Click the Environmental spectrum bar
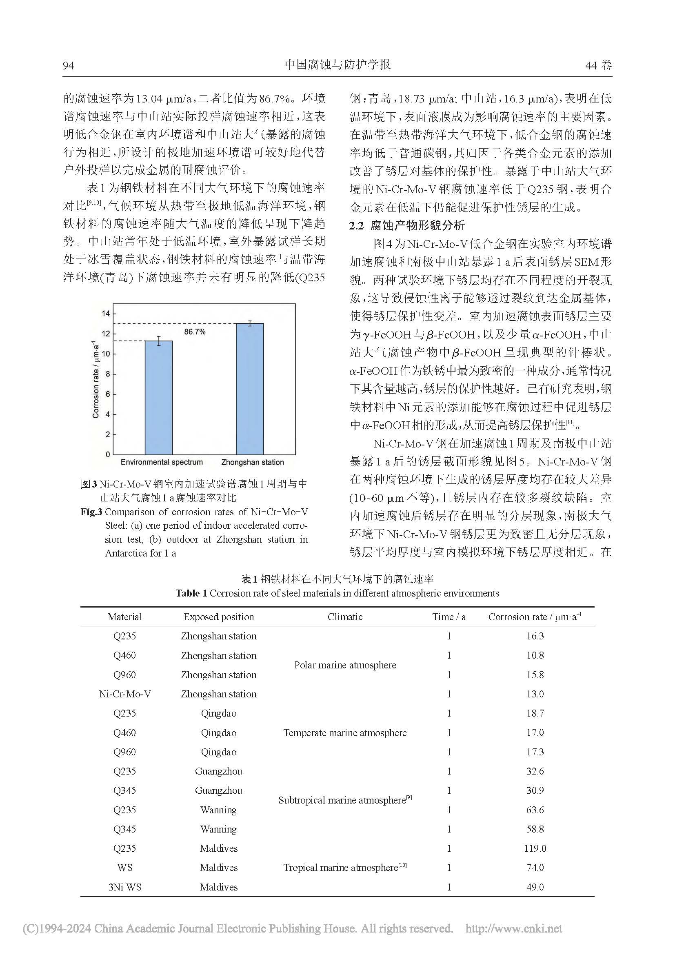click(x=158, y=397)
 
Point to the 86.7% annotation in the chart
click(x=195, y=332)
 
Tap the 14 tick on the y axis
click(x=106, y=314)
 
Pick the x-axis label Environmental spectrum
click(x=162, y=462)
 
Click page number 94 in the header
click(x=69, y=66)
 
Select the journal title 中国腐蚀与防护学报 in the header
click(x=337, y=65)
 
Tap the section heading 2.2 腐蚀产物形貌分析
click(x=407, y=225)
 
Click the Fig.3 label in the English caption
click(x=91, y=512)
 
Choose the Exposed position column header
click(x=219, y=617)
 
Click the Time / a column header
click(x=449, y=617)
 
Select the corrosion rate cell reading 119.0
click(x=535, y=848)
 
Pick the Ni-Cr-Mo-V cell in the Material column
click(x=125, y=694)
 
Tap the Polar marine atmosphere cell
click(x=345, y=665)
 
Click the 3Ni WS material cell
click(x=125, y=887)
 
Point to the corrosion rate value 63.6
click(x=535, y=809)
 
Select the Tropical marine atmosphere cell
click(x=345, y=867)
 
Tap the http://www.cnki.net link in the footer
click(x=513, y=929)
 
